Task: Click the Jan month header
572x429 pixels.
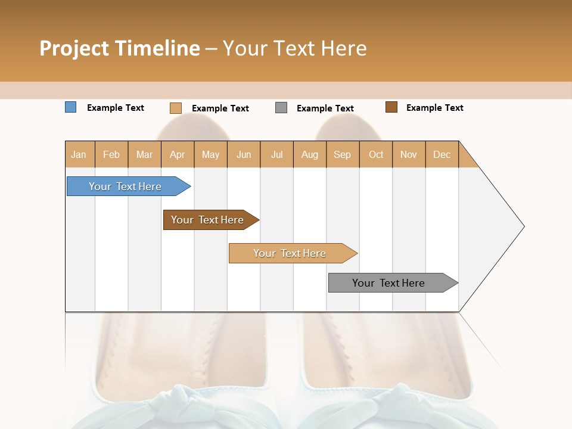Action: (79, 154)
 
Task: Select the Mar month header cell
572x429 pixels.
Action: (144, 154)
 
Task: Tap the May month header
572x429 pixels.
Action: (210, 154)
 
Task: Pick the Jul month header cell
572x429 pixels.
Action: (276, 154)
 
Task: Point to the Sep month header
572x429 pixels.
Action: (343, 154)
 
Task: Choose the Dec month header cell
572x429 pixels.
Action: (442, 154)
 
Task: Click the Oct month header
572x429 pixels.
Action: (376, 154)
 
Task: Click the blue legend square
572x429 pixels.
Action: (70, 107)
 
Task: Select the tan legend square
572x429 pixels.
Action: (175, 108)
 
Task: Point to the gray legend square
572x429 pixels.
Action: (281, 108)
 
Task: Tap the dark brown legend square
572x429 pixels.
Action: (391, 107)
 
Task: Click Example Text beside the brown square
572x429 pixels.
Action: (434, 108)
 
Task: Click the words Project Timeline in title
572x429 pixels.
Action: (119, 48)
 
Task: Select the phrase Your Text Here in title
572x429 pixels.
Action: (294, 48)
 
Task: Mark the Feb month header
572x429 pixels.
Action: (111, 154)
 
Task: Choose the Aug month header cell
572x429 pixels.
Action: (309, 154)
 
